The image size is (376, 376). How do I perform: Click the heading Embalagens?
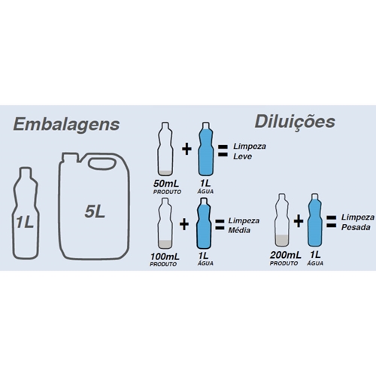[x=66, y=125]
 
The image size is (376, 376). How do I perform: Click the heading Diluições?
[x=295, y=123]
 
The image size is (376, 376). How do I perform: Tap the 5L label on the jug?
[x=95, y=212]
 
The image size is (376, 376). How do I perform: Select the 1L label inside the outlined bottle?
[x=25, y=222]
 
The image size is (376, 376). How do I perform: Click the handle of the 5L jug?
[x=102, y=164]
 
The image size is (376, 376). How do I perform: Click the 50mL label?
[x=166, y=183]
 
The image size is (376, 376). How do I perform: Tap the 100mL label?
[x=165, y=256]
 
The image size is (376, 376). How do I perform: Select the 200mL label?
[x=286, y=255]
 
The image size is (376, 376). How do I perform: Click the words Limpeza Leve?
[x=250, y=151]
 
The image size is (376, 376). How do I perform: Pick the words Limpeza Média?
[x=244, y=226]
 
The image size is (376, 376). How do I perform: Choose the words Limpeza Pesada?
[x=358, y=223]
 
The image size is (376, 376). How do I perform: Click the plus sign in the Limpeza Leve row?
[x=186, y=150]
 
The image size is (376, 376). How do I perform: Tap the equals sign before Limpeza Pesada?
[x=331, y=222]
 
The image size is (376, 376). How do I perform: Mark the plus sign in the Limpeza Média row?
[x=184, y=224]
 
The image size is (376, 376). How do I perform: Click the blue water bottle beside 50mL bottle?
[x=206, y=149]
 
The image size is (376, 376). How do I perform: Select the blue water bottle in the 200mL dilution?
[x=315, y=220]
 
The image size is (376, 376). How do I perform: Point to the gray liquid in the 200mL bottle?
[x=282, y=241]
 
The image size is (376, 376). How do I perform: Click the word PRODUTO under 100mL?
[x=163, y=264]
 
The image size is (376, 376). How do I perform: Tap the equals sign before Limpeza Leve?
[x=223, y=151]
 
